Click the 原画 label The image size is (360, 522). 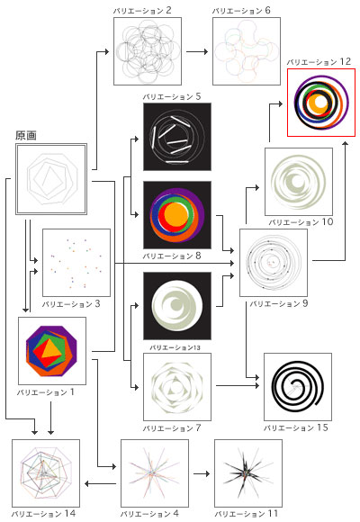pyautogui.click(x=25, y=136)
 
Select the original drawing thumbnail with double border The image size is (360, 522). pyautogui.click(x=51, y=179)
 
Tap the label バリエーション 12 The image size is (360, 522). pyautogui.click(x=319, y=62)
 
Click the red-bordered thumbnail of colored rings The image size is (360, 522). pyautogui.click(x=321, y=103)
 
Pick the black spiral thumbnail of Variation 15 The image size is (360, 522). pyautogui.click(x=298, y=387)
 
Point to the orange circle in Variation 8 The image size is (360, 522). pyautogui.click(x=176, y=215)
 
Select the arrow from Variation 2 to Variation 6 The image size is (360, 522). pyautogui.click(x=197, y=51)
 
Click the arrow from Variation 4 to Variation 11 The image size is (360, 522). pyautogui.click(x=202, y=473)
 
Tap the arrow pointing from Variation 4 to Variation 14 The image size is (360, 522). pyautogui.click(x=100, y=483)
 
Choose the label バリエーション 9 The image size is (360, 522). pyautogui.click(x=279, y=303)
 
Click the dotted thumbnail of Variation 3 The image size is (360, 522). pyautogui.click(x=76, y=263)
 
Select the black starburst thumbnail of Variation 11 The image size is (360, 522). pyautogui.click(x=248, y=473)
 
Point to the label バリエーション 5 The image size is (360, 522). pyautogui.click(x=172, y=97)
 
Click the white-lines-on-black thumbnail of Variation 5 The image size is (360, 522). pyautogui.click(x=177, y=137)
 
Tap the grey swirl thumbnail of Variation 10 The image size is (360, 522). pyautogui.click(x=299, y=182)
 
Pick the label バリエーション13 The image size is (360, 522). pyautogui.click(x=175, y=347)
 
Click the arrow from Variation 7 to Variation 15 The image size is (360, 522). pyautogui.click(x=238, y=386)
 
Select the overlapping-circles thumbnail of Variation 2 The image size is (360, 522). pyautogui.click(x=148, y=51)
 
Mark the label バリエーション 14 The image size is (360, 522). pyautogui.click(x=43, y=513)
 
